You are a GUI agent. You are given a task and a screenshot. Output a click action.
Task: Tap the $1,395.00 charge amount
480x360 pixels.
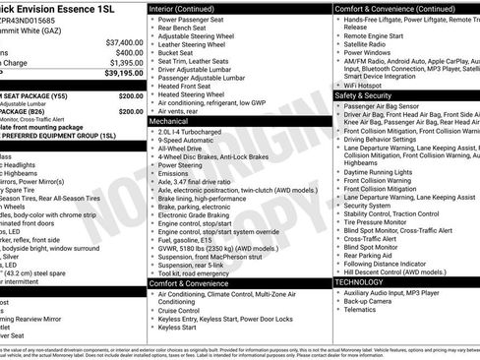point(122,63)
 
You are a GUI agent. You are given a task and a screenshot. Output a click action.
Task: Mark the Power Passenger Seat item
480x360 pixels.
point(198,20)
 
